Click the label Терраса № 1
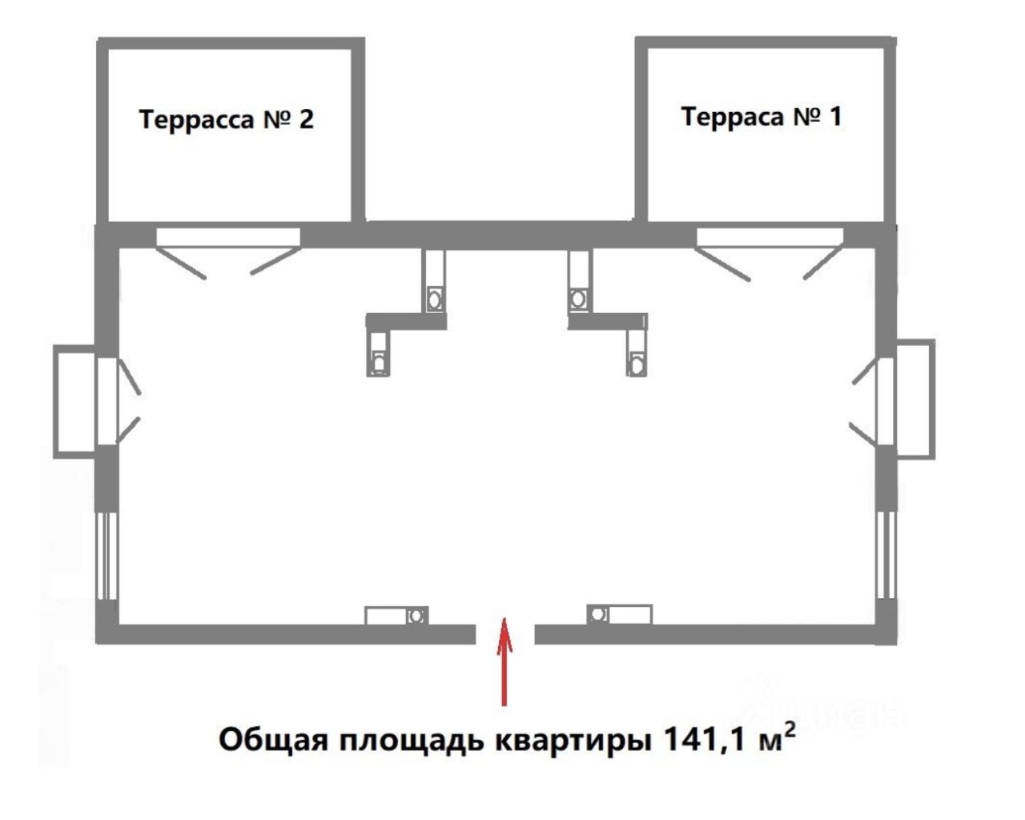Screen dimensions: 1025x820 click(x=761, y=117)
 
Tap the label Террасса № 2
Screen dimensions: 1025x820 click(x=227, y=119)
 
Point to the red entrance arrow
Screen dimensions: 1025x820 click(x=504, y=662)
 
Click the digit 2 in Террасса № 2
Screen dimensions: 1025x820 click(x=306, y=119)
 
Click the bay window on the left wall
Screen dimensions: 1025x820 click(x=77, y=400)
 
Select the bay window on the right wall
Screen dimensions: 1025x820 click(x=914, y=398)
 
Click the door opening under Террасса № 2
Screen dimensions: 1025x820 click(x=228, y=237)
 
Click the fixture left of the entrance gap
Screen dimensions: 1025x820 click(x=396, y=616)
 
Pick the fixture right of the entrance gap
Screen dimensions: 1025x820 click(x=620, y=614)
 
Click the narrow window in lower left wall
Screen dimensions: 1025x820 click(x=107, y=556)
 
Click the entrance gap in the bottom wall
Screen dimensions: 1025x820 click(x=505, y=634)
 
